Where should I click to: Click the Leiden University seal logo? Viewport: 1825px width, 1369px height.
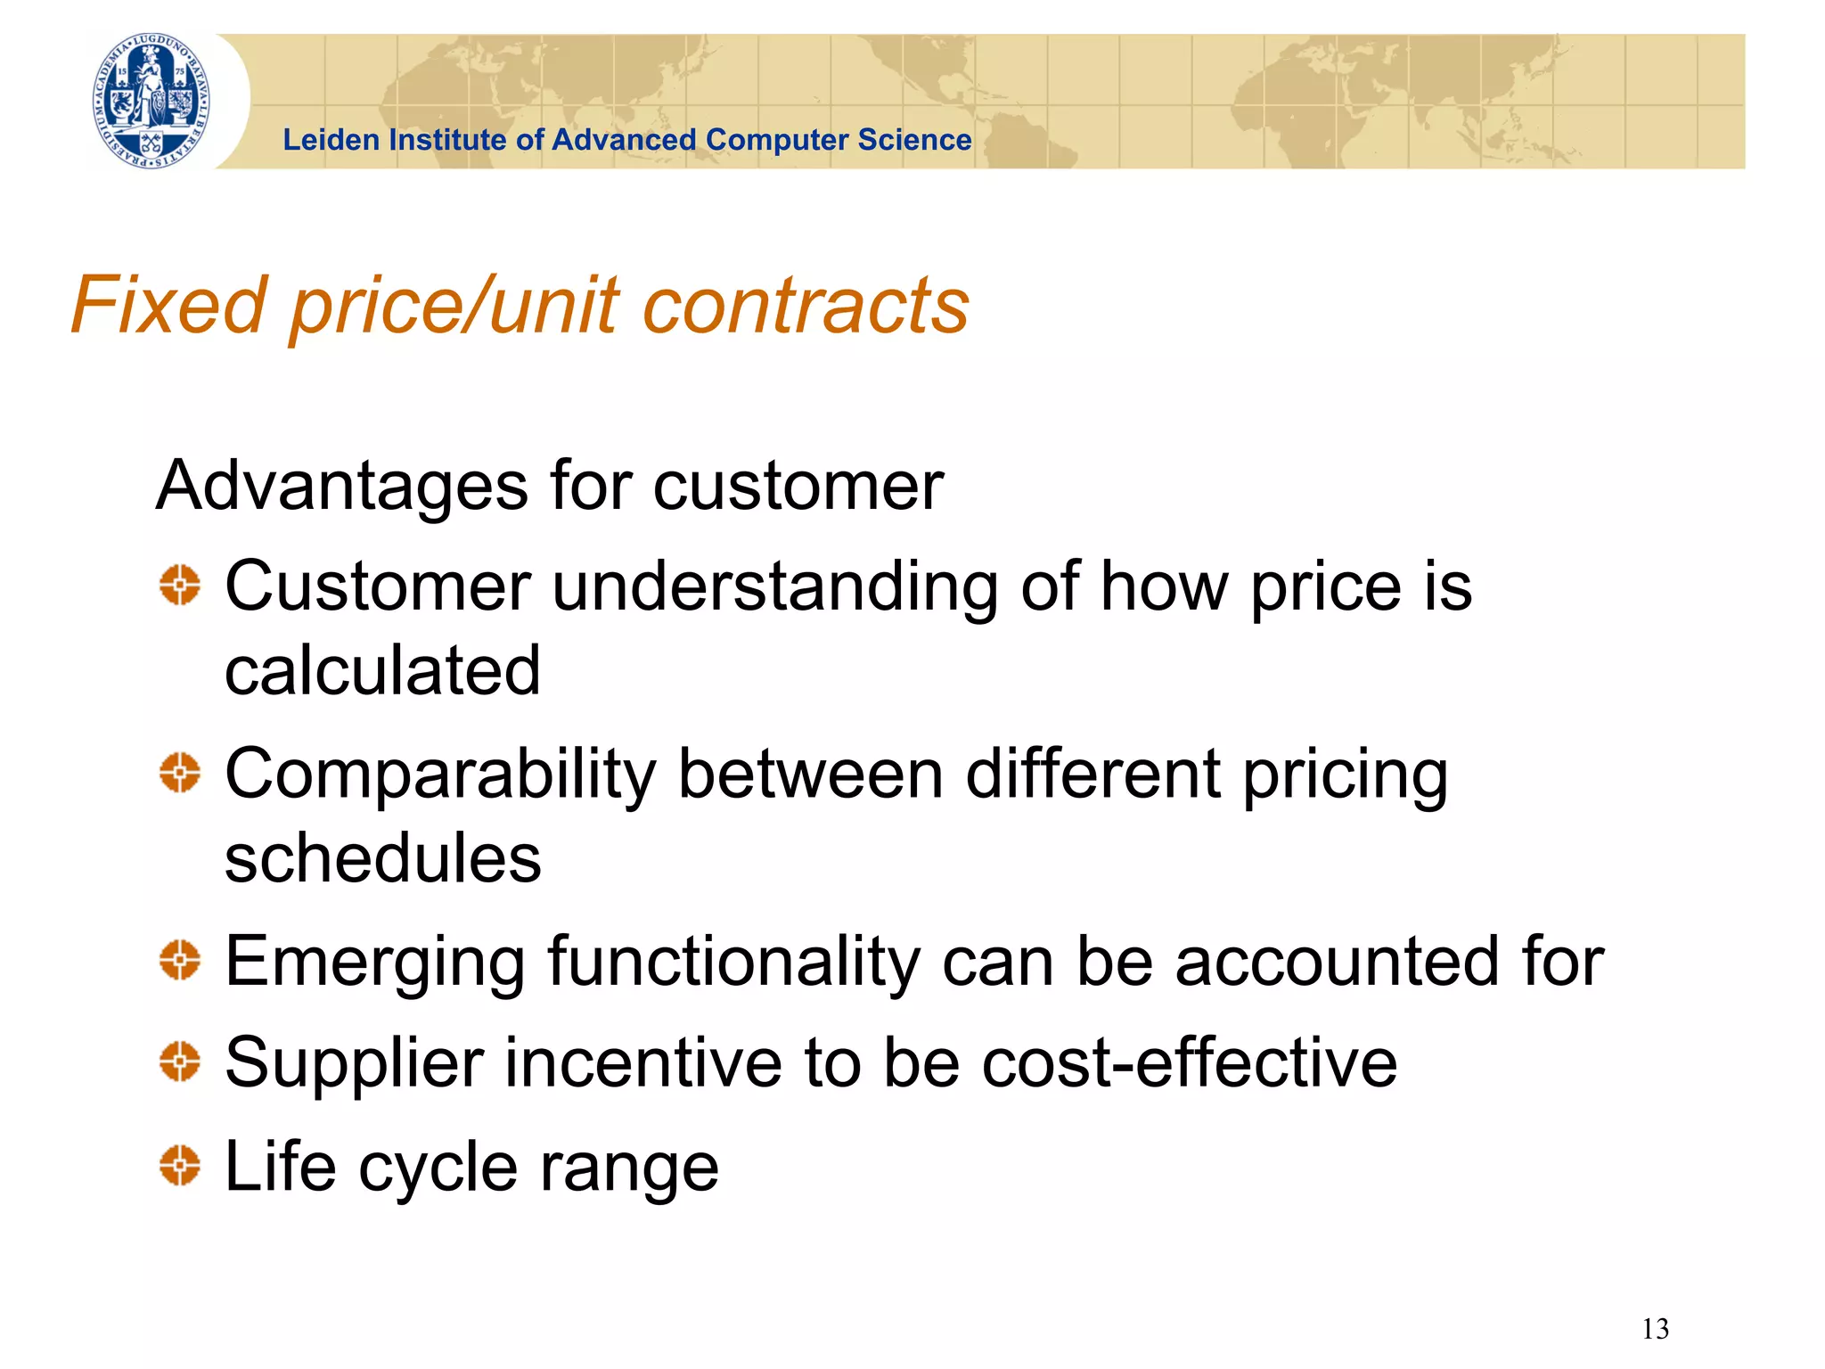pyautogui.click(x=153, y=100)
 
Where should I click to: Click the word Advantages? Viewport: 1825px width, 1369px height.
pyautogui.click(x=342, y=487)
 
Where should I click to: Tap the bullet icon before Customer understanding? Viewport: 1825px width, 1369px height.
pyautogui.click(x=180, y=586)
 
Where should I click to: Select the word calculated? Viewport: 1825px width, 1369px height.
pyautogui.click(x=382, y=670)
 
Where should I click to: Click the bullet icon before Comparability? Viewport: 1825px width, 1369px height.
pyautogui.click(x=180, y=772)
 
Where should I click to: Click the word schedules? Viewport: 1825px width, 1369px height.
pyautogui.click(x=382, y=857)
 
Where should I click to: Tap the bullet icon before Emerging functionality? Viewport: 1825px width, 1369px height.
pyautogui.click(x=180, y=960)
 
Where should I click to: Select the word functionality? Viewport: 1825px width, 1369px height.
pyautogui.click(x=733, y=963)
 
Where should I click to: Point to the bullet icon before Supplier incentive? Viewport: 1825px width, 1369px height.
pyautogui.click(x=180, y=1062)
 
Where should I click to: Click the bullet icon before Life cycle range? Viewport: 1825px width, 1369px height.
pyautogui.click(x=180, y=1165)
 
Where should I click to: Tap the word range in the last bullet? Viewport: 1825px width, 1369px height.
pyautogui.click(x=629, y=1168)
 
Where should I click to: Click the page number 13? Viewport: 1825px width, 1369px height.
pyautogui.click(x=1655, y=1329)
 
